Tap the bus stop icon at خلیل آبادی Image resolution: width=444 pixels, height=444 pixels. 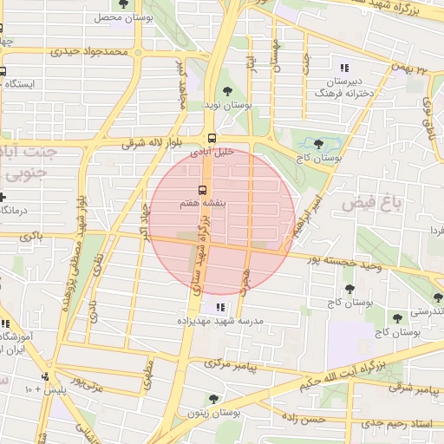point(212,138)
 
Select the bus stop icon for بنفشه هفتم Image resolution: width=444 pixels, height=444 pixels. point(203,190)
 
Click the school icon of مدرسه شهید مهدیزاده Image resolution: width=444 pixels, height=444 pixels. point(219,307)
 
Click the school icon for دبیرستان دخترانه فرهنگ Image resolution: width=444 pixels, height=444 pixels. point(344,68)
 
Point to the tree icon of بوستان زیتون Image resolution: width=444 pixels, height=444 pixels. point(213,399)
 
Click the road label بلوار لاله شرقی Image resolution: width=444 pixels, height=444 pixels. point(147,142)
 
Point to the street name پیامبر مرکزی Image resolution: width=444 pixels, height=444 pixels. point(232,365)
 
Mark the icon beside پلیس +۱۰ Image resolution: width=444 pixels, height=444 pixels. point(44,377)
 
